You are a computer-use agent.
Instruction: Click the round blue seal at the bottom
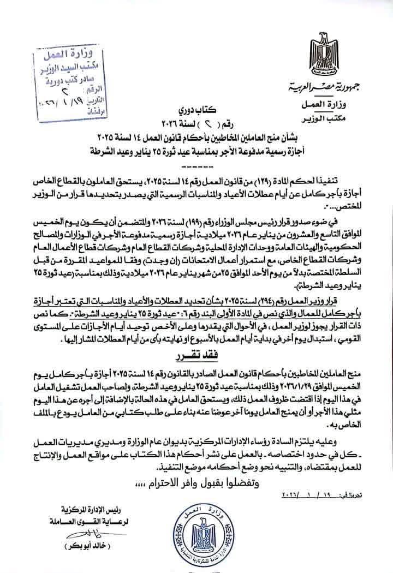pos(199,529)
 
